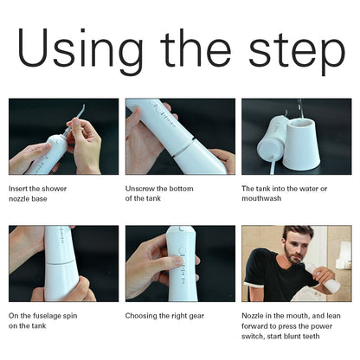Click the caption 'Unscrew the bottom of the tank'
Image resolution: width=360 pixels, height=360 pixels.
click(156, 193)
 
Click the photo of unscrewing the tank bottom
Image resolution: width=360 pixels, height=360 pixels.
click(179, 136)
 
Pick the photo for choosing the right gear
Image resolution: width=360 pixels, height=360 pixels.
click(179, 263)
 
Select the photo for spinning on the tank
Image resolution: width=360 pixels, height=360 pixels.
click(63, 263)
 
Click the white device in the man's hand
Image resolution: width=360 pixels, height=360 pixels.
click(329, 277)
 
